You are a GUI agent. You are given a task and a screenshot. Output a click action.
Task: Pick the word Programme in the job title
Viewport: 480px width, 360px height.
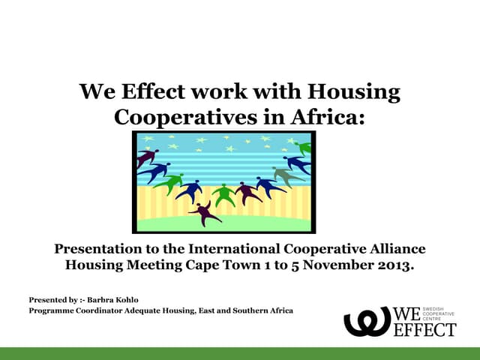(x=51, y=311)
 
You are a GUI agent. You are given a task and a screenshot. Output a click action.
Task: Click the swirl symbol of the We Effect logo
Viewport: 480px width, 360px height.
(x=367, y=320)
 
